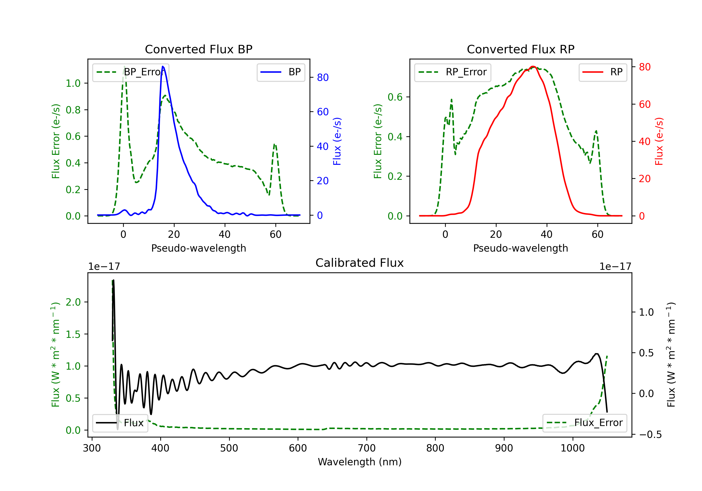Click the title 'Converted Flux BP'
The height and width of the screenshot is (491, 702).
(x=198, y=49)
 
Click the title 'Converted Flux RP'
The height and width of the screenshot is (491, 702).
(x=520, y=49)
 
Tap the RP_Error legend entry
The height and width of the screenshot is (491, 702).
(x=453, y=72)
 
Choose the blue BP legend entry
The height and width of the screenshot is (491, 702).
(x=281, y=72)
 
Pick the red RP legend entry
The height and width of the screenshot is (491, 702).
(x=603, y=72)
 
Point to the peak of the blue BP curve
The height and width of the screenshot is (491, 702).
(x=163, y=66)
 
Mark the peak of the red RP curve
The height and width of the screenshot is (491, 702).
(x=533, y=67)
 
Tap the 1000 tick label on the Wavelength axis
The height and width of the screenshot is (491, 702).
(x=572, y=448)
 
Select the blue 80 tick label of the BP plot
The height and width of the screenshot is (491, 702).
(x=322, y=78)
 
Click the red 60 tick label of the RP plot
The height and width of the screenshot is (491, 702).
(x=644, y=105)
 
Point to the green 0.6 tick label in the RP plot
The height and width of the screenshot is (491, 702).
(x=395, y=97)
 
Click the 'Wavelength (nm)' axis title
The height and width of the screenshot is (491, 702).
(x=360, y=462)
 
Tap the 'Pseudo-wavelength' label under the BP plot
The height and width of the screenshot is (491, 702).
(x=198, y=248)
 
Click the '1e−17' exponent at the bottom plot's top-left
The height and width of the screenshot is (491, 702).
(x=104, y=267)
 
